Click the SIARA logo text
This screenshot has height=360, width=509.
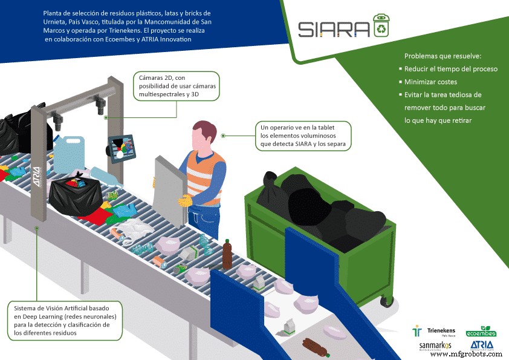(333, 28)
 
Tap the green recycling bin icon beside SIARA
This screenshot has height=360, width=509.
(381, 26)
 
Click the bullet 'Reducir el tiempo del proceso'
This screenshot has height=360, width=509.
(450, 69)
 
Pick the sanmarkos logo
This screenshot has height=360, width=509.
(435, 347)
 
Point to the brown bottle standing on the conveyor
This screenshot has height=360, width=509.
(227, 254)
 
